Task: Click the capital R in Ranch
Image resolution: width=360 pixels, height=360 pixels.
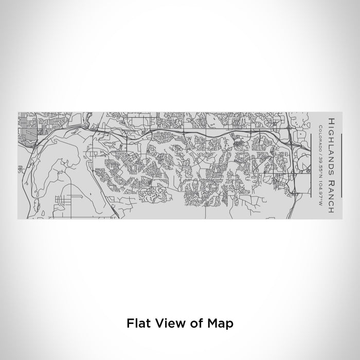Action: pyautogui.click(x=330, y=170)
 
